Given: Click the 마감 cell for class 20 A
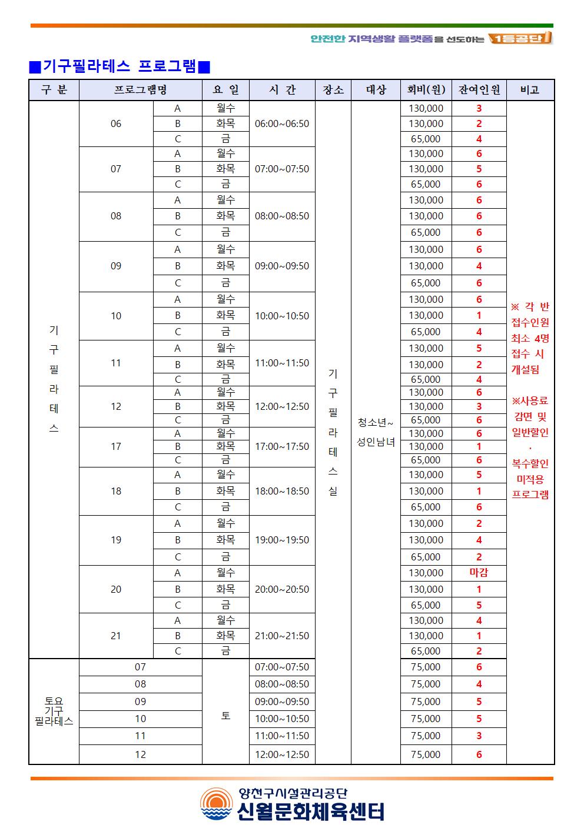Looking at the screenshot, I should [479, 573].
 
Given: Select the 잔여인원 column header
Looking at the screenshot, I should [479, 90].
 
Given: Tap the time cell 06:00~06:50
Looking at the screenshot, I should [281, 123].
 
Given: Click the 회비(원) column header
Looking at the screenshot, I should [426, 90].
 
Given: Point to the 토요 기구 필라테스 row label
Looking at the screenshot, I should [54, 711].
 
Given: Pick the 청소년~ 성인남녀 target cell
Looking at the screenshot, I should [376, 432].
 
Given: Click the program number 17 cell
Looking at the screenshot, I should [116, 446].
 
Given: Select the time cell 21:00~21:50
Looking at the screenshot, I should [281, 636].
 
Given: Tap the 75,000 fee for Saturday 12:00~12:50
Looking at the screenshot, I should [426, 754].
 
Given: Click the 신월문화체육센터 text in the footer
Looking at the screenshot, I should [311, 811].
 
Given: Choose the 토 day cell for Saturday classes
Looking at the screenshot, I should [225, 715].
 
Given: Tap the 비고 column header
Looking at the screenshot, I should [530, 90].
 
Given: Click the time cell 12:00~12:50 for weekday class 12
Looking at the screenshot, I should [281, 406].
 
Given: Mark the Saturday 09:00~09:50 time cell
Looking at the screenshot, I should [281, 702].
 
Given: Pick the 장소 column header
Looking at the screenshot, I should [333, 90].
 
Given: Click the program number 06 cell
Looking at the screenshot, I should [116, 123].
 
